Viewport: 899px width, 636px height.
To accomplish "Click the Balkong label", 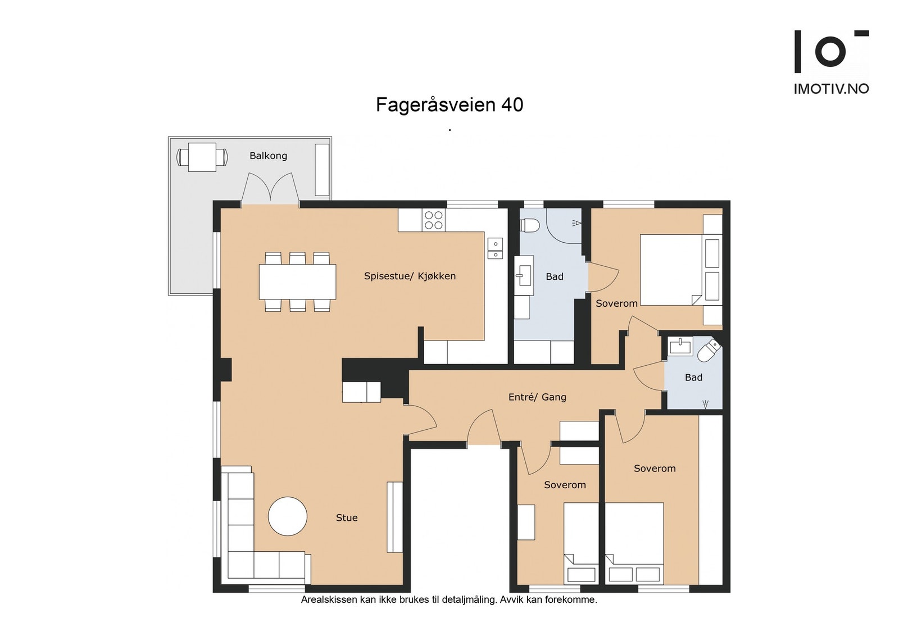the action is [268, 156].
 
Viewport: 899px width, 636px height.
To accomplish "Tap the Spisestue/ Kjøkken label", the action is [410, 276].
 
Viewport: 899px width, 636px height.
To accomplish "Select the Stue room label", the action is [347, 517].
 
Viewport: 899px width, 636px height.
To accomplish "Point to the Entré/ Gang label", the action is [537, 397].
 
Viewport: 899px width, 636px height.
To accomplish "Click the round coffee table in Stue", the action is [288, 516].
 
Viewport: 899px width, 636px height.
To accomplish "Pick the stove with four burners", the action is [434, 220].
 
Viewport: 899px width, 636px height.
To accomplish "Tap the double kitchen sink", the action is [495, 249].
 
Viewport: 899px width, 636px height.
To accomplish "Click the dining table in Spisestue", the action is [297, 281].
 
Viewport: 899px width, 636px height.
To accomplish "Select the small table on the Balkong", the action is [202, 157].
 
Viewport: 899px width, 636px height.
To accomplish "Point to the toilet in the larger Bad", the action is [529, 225].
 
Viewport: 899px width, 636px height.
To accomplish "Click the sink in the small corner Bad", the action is [680, 346].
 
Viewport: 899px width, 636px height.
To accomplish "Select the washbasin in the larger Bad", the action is [524, 276].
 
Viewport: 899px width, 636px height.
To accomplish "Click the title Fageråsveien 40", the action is [449, 105].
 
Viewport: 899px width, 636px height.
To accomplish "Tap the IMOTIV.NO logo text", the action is [831, 89].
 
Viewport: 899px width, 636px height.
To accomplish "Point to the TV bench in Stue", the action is [394, 517].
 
